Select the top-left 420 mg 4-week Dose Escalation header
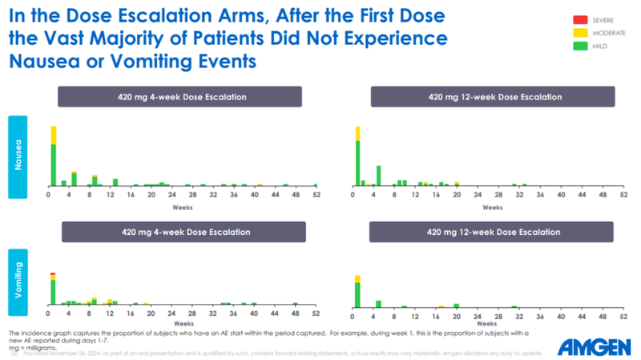[x=179, y=97]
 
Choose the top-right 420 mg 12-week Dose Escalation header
[x=494, y=97]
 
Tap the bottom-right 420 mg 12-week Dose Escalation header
[x=494, y=232]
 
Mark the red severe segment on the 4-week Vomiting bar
[x=53, y=274]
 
